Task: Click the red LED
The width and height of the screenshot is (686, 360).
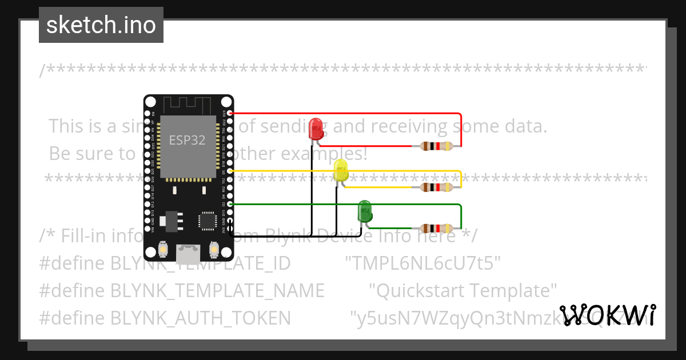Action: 316,129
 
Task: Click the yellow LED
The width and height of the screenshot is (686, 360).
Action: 341,170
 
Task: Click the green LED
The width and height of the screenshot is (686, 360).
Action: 365,211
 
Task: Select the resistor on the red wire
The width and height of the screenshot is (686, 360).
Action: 437,146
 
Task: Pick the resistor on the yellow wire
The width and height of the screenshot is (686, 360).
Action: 437,187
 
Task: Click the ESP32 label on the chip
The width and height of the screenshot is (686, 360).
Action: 187,140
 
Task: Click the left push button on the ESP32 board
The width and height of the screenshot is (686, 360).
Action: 163,250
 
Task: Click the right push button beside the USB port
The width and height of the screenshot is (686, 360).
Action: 214,250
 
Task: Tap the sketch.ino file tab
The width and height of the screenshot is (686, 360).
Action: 101,25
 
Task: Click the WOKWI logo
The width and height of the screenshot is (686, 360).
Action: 608,315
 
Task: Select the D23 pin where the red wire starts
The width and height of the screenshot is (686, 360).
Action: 230,113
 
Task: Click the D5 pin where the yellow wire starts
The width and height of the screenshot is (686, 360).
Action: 230,171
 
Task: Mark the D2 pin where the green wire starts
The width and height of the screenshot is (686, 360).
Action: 230,204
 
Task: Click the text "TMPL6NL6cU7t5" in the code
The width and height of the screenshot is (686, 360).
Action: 423,263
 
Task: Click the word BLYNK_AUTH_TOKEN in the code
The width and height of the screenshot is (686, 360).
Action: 201,318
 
